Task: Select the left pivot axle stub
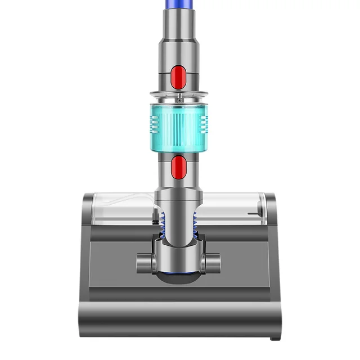pos(144,262)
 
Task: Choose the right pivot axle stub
pos(213,262)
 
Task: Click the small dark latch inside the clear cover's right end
pos(259,211)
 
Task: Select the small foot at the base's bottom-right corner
pos(273,337)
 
